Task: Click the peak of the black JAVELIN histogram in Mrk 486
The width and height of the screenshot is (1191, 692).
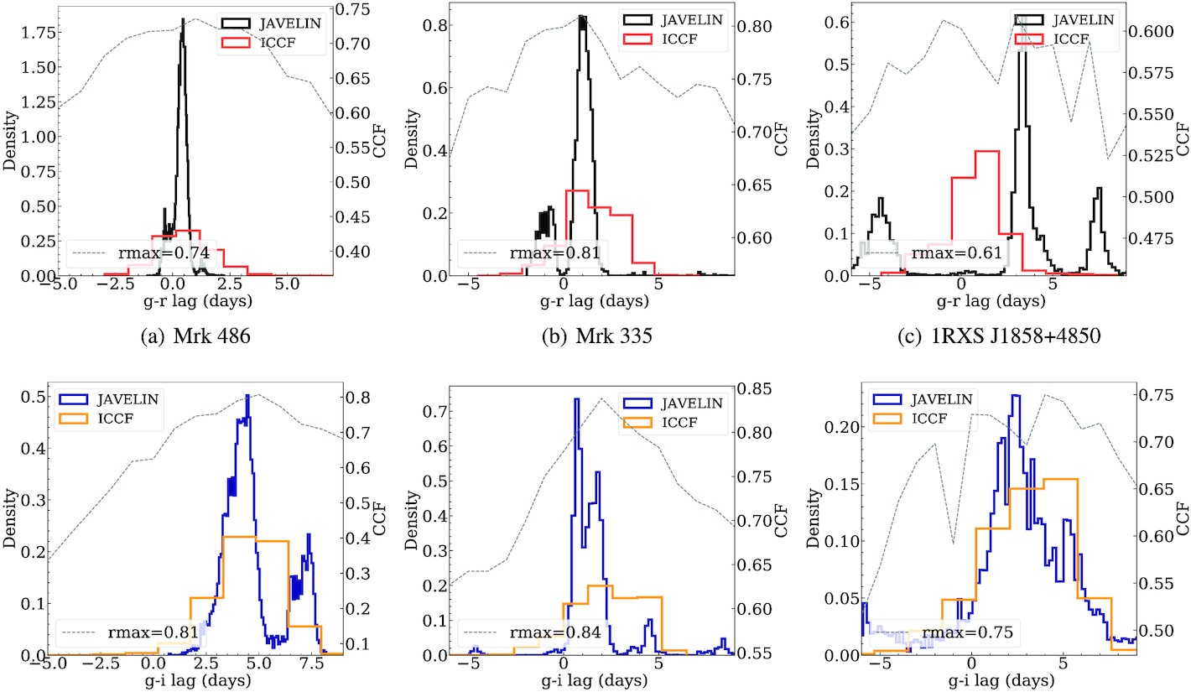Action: pos(182,19)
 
